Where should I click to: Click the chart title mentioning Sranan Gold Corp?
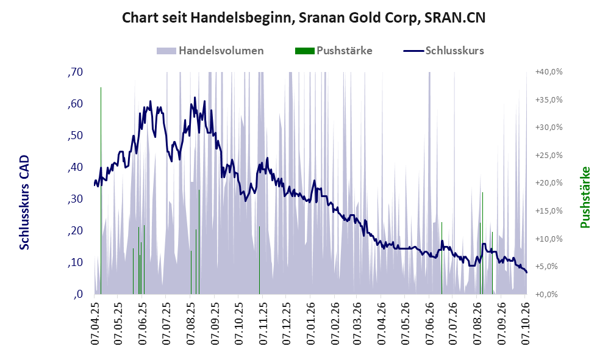[304, 18]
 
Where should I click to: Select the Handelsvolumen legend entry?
[210, 51]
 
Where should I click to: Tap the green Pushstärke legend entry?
[334, 51]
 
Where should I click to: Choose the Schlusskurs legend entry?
[443, 51]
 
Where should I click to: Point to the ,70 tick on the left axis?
[75, 72]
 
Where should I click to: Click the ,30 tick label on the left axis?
[75, 199]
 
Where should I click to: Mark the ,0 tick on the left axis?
[77, 294]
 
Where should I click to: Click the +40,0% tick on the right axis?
[549, 72]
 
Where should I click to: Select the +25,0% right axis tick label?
[549, 156]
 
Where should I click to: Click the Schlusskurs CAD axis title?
[24, 202]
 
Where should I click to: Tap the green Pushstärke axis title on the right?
[585, 197]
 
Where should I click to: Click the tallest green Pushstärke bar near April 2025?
[101, 190]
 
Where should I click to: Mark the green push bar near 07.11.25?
[259, 260]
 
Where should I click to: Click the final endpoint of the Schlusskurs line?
[526, 272]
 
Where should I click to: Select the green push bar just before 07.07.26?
[442, 258]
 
